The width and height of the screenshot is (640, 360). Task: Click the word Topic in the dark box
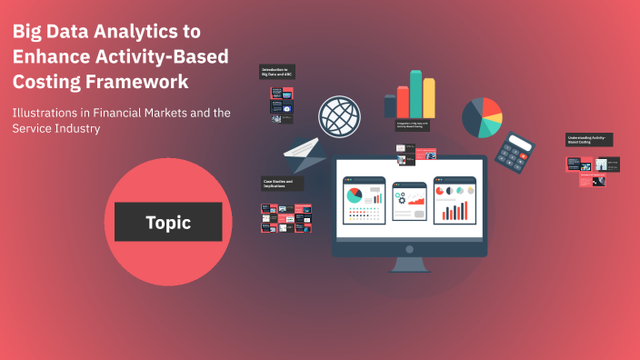point(168,223)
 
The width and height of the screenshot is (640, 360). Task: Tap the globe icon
point(340,117)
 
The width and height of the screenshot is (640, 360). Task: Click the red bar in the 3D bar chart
point(402,103)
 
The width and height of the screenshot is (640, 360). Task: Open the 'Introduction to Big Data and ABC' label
point(277,72)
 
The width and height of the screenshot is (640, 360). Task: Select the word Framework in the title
point(134,81)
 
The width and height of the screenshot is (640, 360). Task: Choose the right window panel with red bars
point(454,200)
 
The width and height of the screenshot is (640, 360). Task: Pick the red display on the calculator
point(518,144)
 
